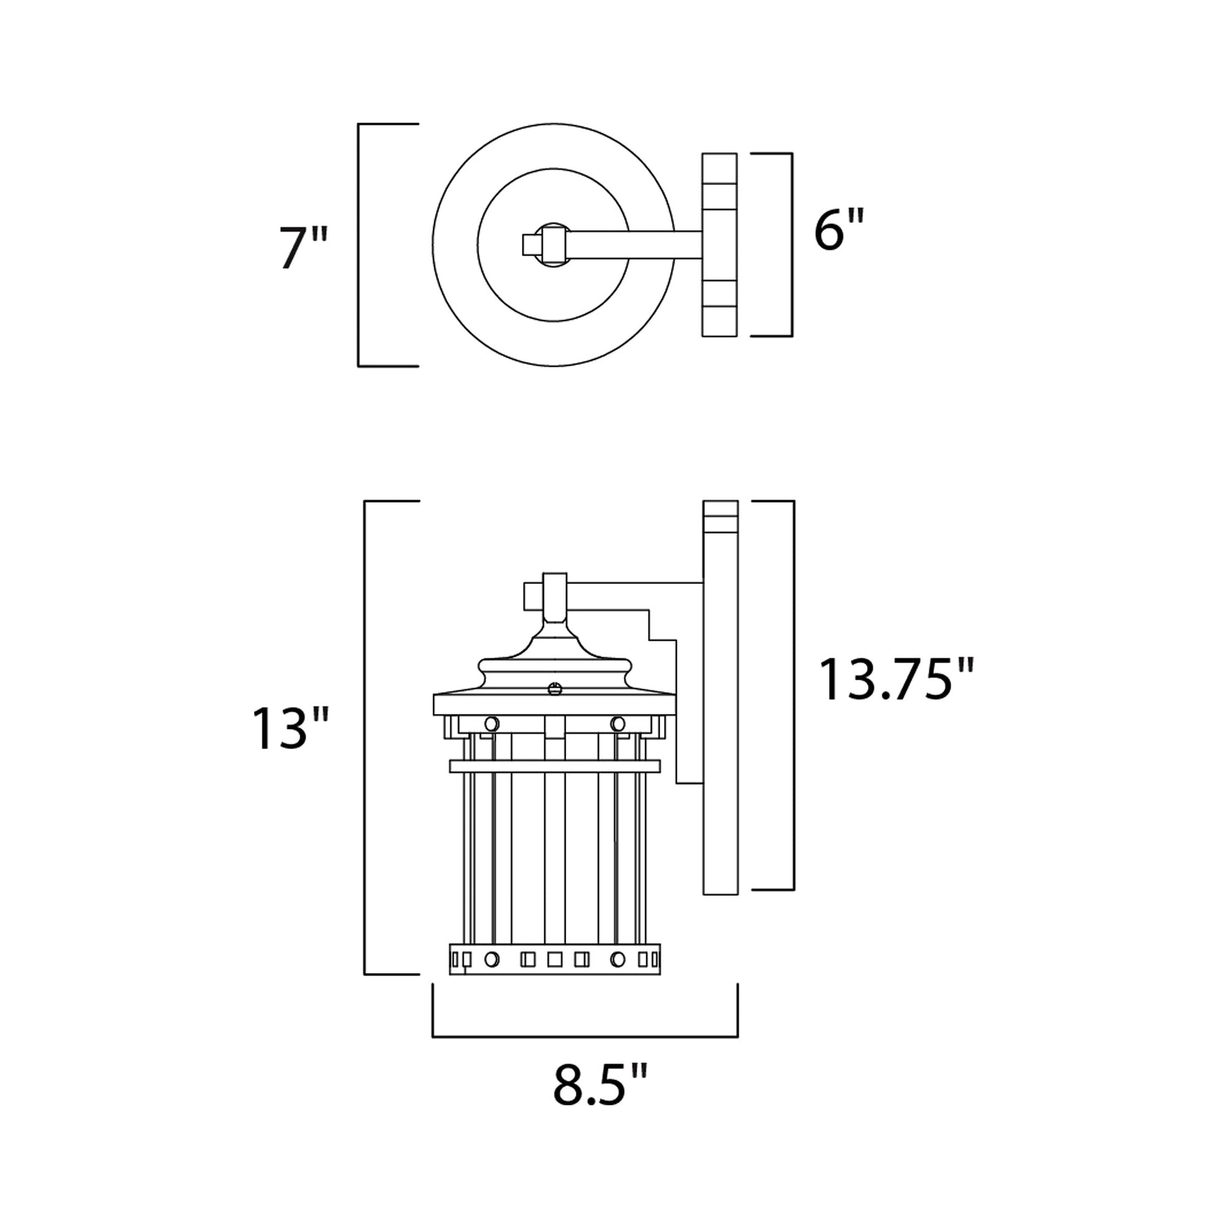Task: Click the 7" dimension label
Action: coord(303,247)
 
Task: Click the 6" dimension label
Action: coord(839,230)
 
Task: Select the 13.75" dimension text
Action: coord(895,680)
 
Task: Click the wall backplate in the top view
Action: coord(719,245)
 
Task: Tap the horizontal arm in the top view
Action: coord(635,244)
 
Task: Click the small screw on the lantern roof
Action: coord(554,688)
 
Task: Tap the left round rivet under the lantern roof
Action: coord(492,723)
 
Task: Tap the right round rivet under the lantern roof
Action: coord(617,723)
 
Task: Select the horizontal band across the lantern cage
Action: coord(554,766)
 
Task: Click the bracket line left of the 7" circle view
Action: coord(358,245)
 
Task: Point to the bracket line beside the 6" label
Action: coord(792,245)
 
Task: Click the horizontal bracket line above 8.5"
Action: coord(585,1037)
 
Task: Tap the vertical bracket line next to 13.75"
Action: coord(793,695)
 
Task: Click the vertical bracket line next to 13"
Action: coord(364,737)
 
